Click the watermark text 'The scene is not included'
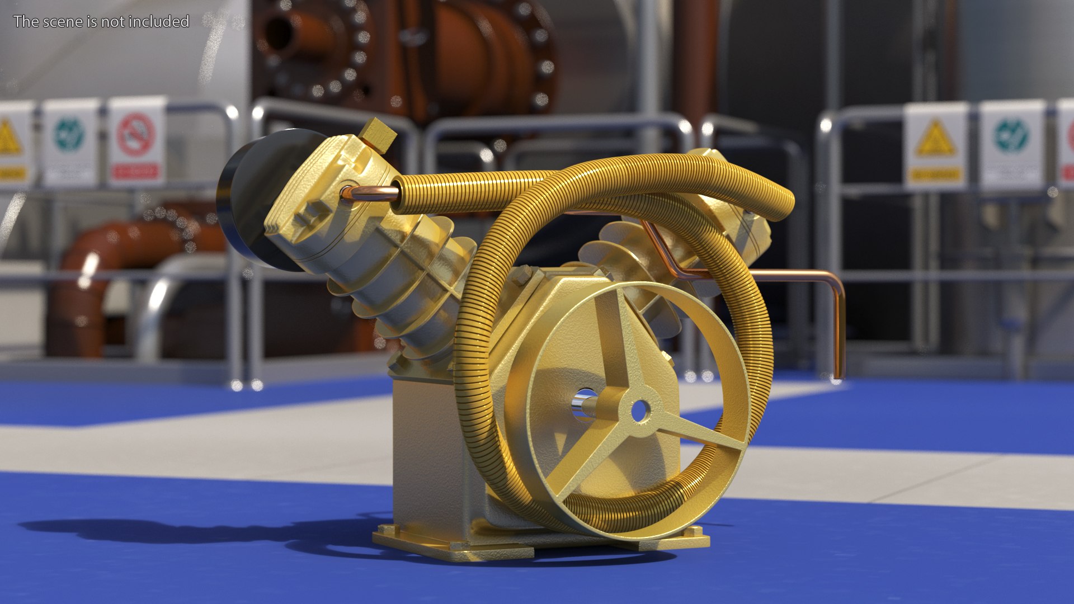coord(101,21)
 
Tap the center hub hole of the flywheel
coord(639,411)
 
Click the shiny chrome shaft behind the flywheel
coord(585,404)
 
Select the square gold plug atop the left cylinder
coord(378,134)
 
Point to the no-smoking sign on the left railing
coord(136,137)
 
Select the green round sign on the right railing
coord(1011,136)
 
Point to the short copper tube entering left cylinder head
coord(369,194)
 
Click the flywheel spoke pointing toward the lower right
coord(699,433)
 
